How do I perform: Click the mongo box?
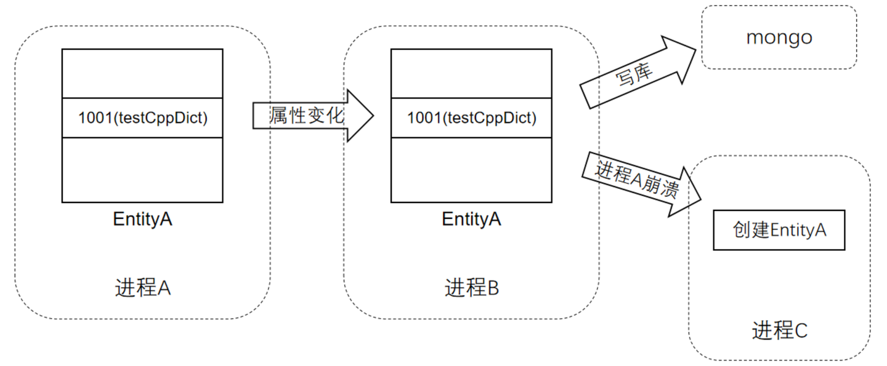tap(779, 38)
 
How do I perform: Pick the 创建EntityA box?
tap(779, 230)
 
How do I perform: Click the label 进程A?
tap(142, 287)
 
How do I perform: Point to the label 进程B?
tap(471, 287)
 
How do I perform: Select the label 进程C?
tap(779, 331)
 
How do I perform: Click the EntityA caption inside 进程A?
tap(142, 220)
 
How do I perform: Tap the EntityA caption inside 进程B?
tap(471, 220)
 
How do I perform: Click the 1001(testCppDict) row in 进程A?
tap(142, 117)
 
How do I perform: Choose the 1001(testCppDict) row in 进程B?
tap(471, 117)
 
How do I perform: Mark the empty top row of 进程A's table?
tap(142, 73)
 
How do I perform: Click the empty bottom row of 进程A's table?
tap(142, 170)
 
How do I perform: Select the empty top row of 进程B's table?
tap(471, 73)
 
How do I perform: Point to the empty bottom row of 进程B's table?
tap(471, 170)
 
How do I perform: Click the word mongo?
tap(779, 38)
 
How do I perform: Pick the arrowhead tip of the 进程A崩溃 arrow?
tap(701, 197)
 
